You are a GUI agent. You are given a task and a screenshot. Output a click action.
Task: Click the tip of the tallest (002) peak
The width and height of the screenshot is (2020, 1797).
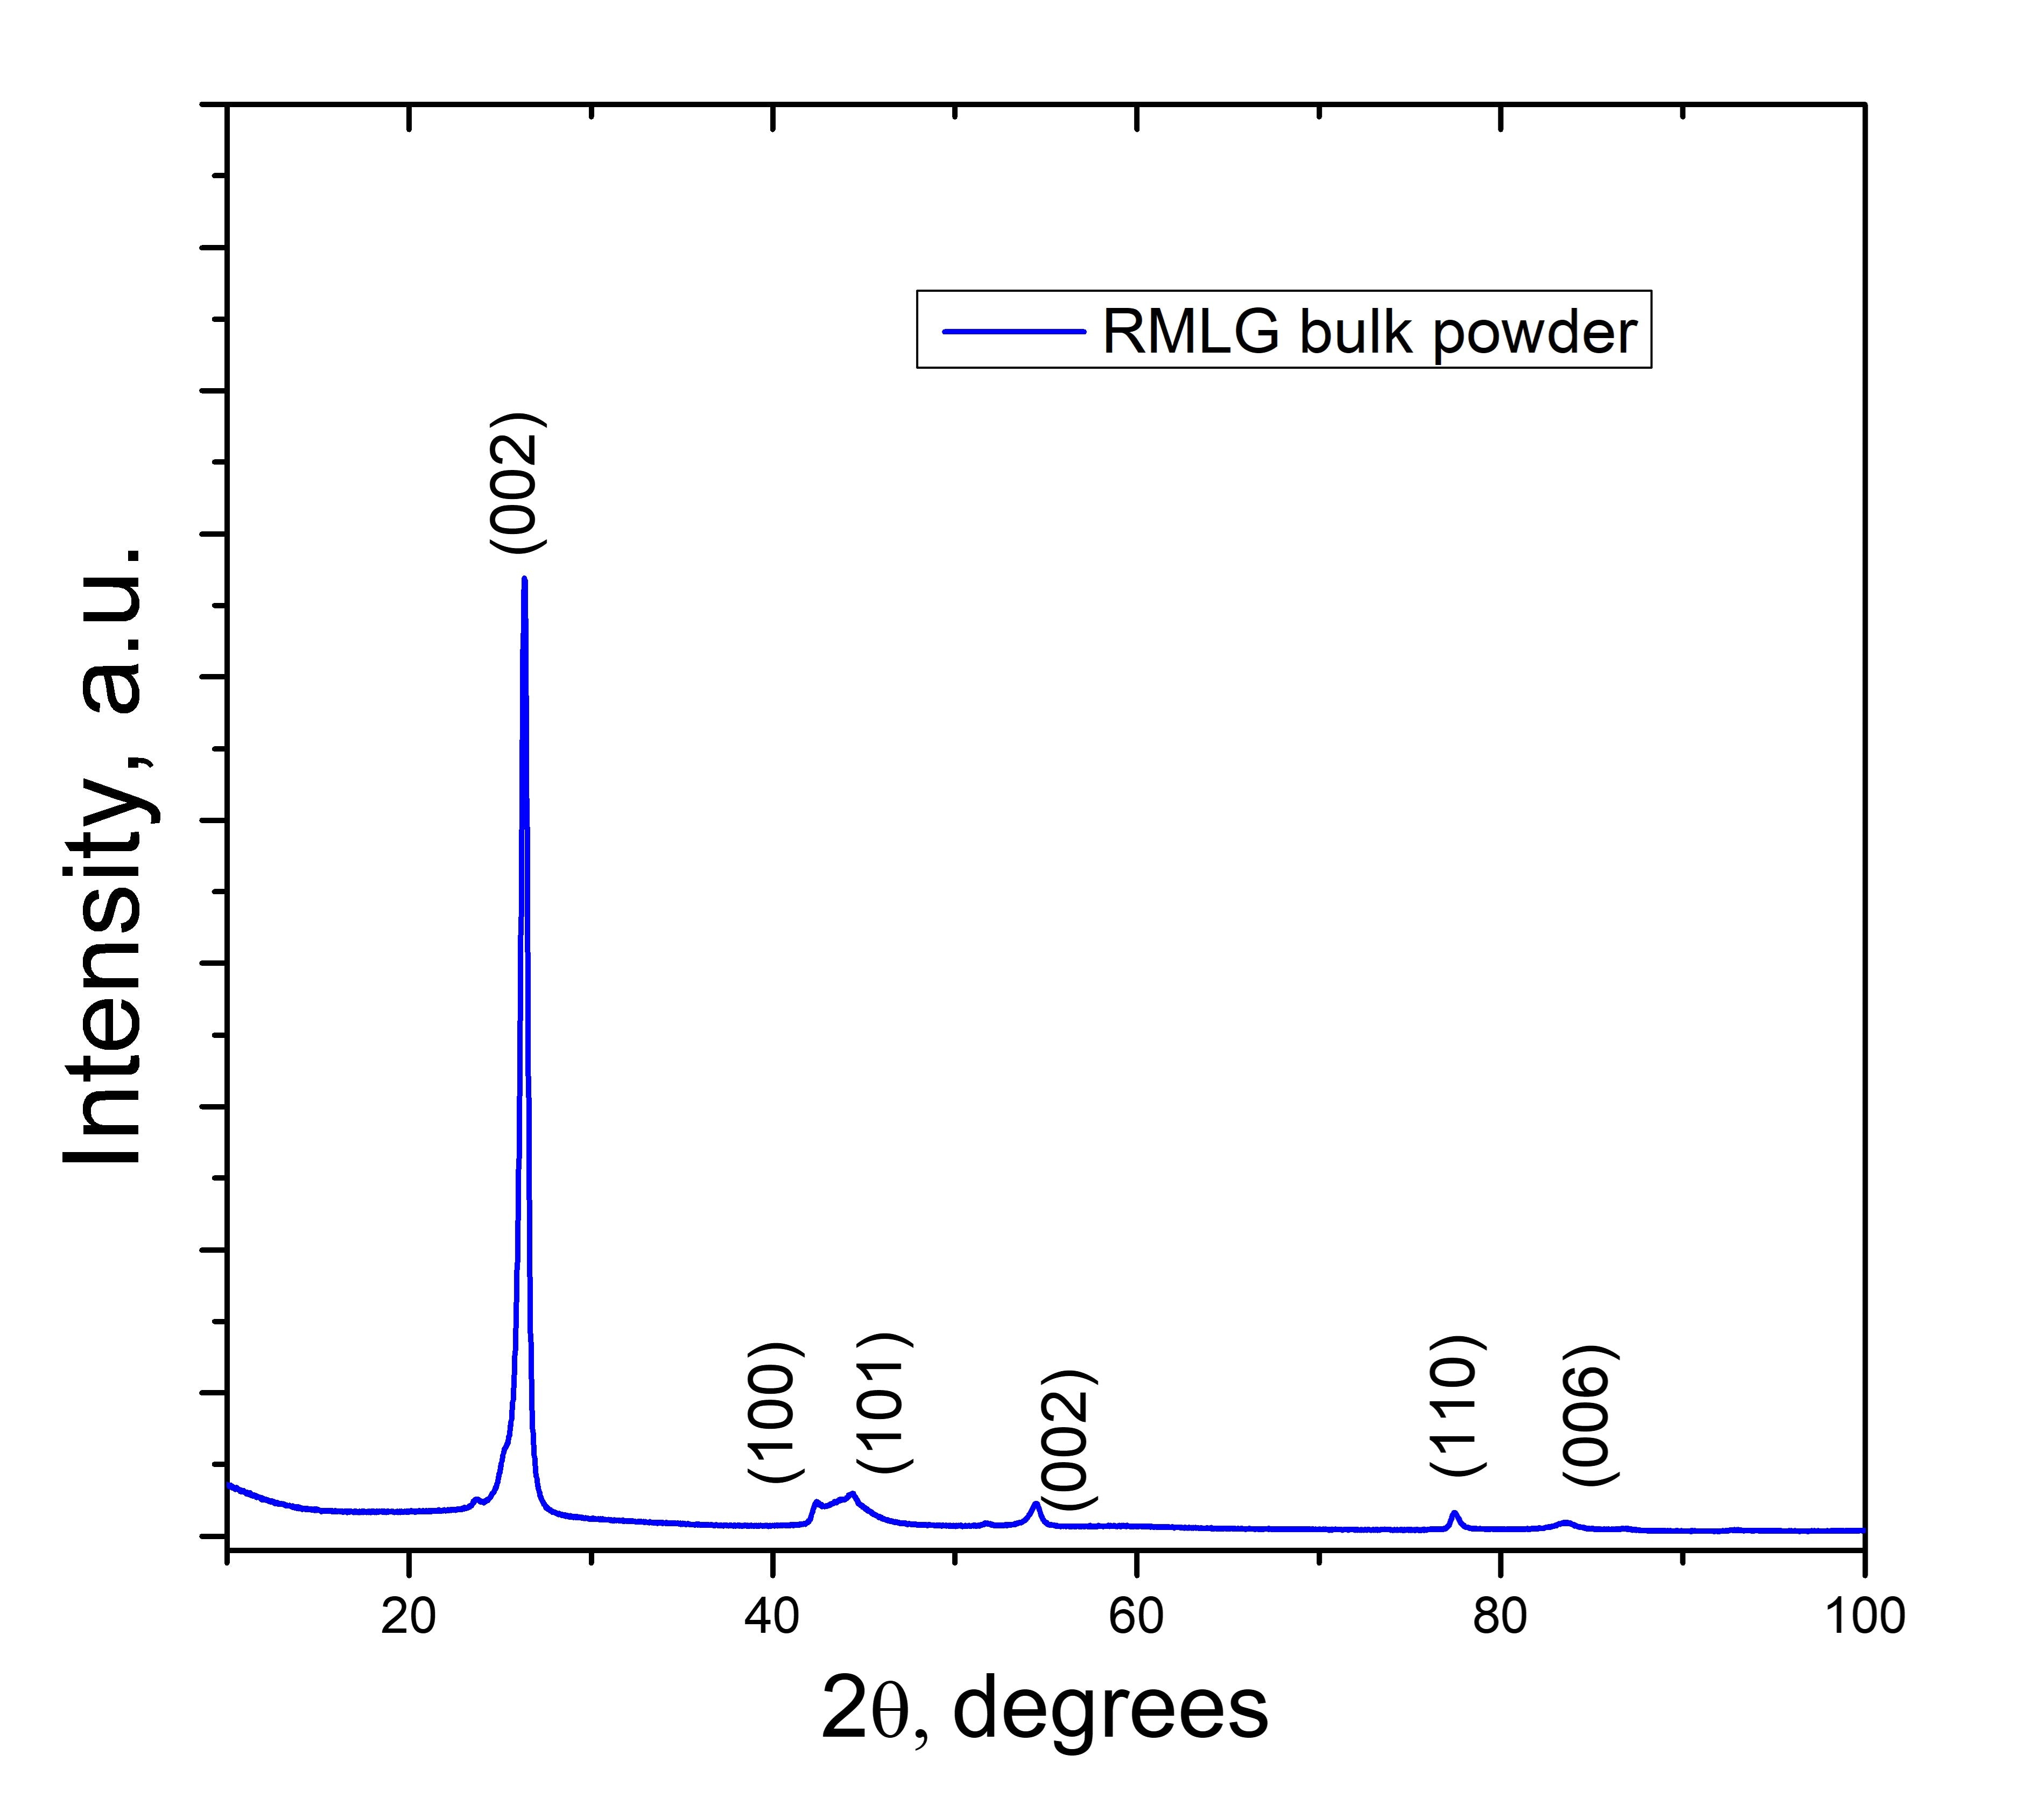(524, 580)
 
